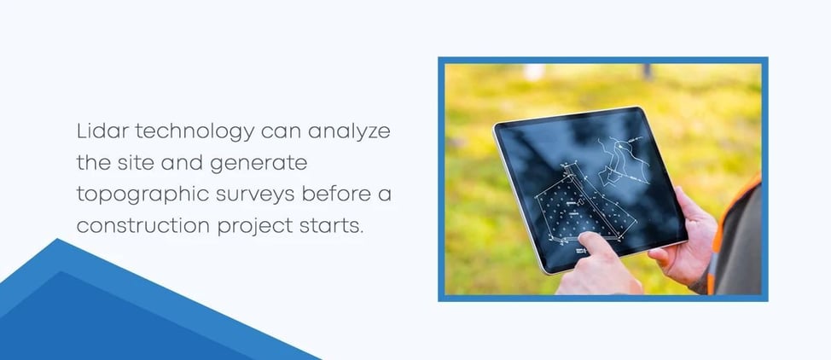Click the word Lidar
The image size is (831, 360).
(98, 132)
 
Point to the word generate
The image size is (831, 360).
(262, 163)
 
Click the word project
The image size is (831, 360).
(243, 225)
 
